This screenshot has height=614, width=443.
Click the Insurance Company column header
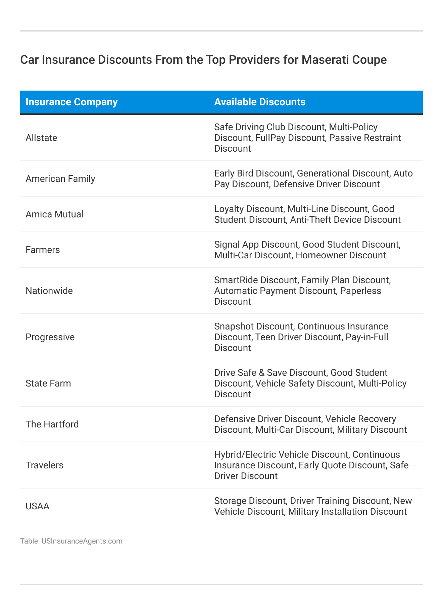point(71,102)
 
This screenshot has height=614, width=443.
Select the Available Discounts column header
point(260,102)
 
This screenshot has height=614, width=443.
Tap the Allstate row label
point(41,138)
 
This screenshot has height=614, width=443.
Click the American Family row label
point(60,179)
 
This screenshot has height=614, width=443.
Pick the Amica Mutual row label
point(54,214)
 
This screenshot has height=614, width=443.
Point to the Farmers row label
point(43,250)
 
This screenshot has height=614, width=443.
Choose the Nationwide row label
point(49,291)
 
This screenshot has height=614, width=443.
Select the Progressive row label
point(50,337)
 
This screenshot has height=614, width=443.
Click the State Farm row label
point(48,383)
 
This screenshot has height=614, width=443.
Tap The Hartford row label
point(52,424)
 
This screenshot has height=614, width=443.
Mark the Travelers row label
point(44,465)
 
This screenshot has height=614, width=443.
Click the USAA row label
point(37,506)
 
